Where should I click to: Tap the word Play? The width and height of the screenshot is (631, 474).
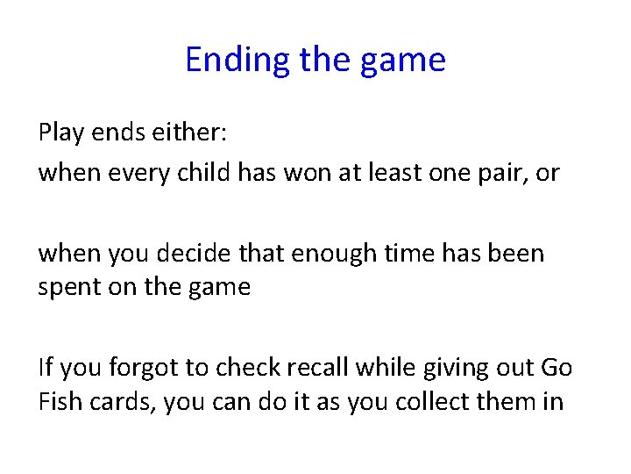61,133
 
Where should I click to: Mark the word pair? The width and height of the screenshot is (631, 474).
500,173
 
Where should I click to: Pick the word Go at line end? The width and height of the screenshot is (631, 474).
556,368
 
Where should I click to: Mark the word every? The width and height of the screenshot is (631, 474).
138,173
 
